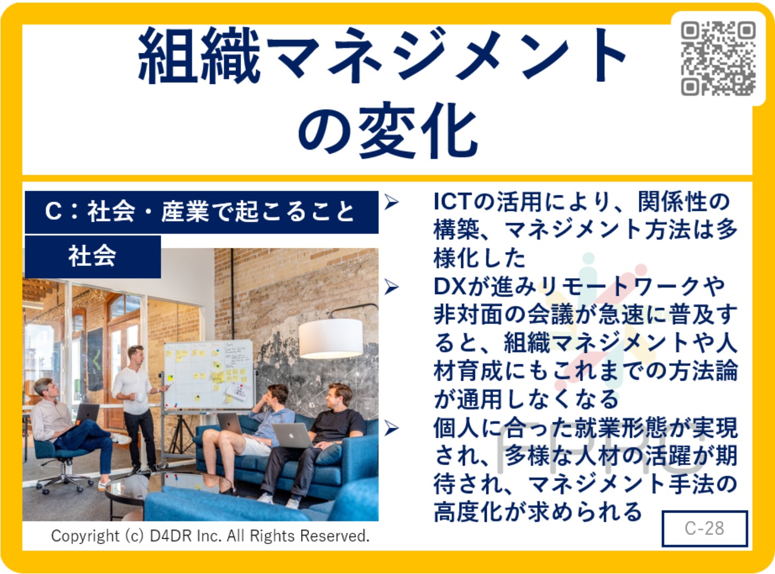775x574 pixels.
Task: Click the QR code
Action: point(718,58)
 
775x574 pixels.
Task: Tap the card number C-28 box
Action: point(705,528)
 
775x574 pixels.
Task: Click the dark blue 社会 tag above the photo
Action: point(92,257)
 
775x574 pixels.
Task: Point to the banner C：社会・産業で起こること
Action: point(202,212)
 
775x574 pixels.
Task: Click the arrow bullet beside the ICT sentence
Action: point(391,202)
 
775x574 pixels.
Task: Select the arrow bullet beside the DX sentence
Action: point(391,287)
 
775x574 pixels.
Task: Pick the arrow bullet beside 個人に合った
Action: point(391,428)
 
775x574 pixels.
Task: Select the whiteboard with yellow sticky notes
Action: point(208,375)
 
